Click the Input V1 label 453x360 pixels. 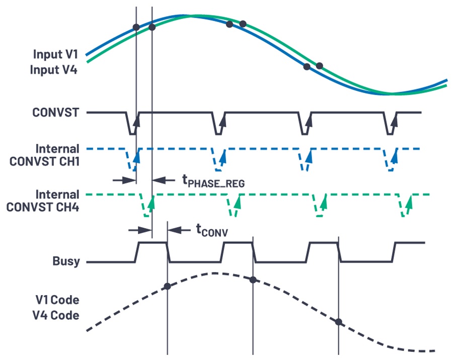55,54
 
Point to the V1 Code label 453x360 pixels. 57,300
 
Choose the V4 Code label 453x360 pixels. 57,316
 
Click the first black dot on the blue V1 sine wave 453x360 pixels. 136,27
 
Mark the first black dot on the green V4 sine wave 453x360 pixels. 153,27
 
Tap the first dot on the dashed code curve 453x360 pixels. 168,286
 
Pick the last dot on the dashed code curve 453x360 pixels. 339,321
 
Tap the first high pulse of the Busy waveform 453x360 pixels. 152,243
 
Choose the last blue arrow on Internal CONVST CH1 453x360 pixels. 396,157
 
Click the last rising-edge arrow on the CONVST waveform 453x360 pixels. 396,120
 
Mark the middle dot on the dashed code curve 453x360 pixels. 253,280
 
